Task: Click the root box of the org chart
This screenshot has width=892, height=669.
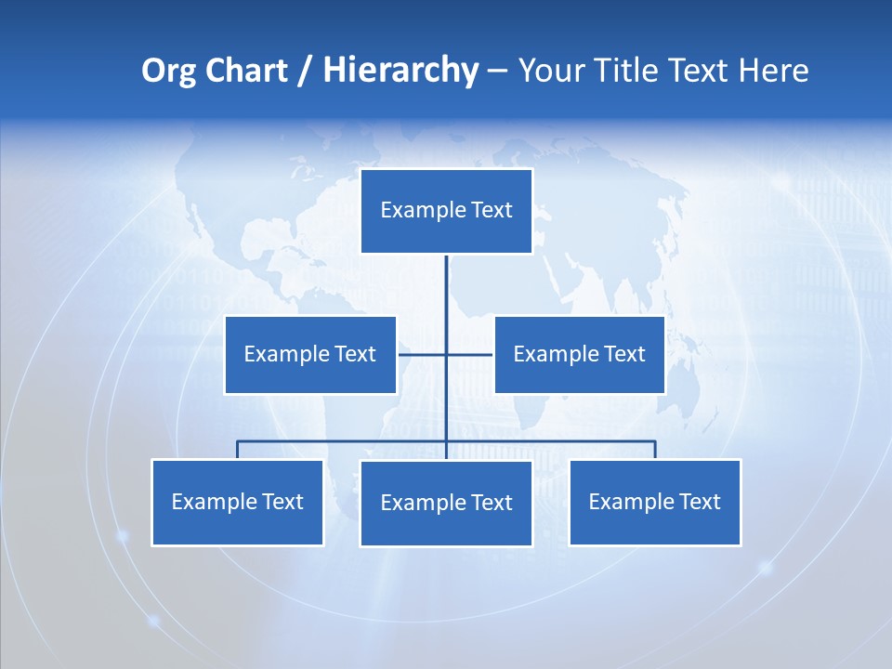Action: (446, 211)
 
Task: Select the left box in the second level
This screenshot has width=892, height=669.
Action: (310, 354)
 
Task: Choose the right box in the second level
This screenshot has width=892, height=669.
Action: (579, 354)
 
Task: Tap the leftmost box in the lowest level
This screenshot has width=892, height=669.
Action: (237, 502)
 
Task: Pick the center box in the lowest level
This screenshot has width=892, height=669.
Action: (446, 503)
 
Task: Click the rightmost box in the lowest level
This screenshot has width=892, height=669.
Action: (654, 502)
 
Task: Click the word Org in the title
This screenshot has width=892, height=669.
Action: (169, 71)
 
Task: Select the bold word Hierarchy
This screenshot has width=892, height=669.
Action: (400, 71)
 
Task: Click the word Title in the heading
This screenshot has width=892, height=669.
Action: (632, 71)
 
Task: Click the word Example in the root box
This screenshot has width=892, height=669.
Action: (424, 211)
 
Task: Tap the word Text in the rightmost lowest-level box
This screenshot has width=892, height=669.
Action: (700, 502)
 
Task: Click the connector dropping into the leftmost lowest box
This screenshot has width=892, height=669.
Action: (237, 450)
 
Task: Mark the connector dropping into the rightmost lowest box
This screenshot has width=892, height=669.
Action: (655, 450)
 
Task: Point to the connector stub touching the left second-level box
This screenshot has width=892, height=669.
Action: (409, 354)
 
